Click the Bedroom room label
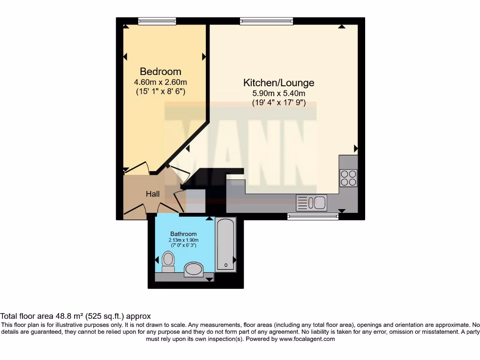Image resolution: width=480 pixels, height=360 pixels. click(x=160, y=72)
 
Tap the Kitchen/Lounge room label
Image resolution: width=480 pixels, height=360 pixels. click(x=278, y=83)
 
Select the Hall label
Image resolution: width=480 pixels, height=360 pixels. click(x=152, y=194)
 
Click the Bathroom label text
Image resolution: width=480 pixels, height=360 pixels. click(x=183, y=234)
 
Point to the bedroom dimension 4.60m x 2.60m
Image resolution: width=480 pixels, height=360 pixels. click(x=160, y=82)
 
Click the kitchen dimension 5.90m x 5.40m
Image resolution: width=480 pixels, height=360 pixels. click(x=278, y=93)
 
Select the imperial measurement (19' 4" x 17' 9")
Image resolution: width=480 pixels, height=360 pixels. click(x=278, y=103)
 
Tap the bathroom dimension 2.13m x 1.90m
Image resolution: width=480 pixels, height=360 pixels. click(x=183, y=240)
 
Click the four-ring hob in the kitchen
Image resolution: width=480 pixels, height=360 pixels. click(x=348, y=178)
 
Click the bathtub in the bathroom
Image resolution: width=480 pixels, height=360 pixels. click(x=225, y=245)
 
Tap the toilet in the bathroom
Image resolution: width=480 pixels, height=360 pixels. click(x=168, y=262)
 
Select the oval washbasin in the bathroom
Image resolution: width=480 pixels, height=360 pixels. click(x=193, y=270)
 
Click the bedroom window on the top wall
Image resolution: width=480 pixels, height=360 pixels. click(x=157, y=21)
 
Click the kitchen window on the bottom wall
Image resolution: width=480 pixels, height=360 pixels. click(x=313, y=216)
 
